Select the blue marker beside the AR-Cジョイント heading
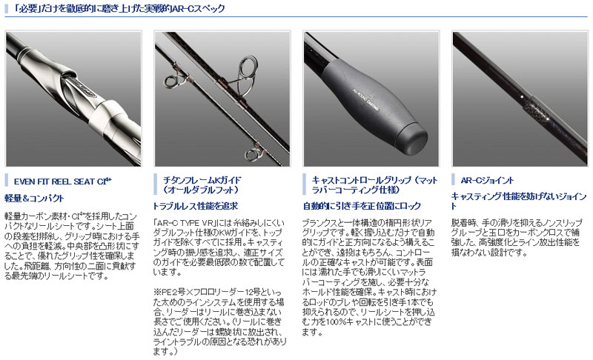point(454,180)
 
